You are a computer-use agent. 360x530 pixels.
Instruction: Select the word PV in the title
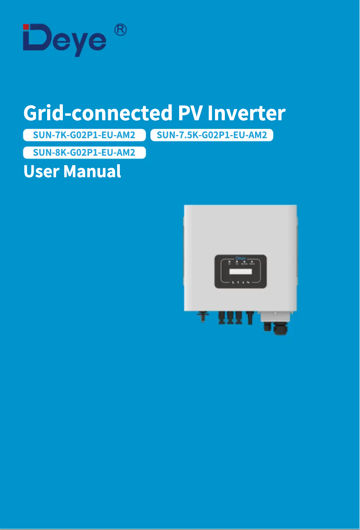point(189,113)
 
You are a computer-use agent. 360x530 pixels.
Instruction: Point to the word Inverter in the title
point(246,113)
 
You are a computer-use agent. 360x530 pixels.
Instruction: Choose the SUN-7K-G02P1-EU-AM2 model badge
point(84,135)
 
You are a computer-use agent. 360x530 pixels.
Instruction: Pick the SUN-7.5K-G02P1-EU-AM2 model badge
point(212,135)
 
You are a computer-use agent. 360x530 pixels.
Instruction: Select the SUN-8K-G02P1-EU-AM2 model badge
point(84,153)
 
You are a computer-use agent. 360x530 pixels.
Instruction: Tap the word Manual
point(92,171)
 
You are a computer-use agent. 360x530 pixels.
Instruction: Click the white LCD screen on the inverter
point(240,272)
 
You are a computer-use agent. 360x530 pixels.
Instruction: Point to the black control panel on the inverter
point(241,272)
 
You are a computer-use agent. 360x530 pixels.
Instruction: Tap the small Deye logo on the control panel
point(241,258)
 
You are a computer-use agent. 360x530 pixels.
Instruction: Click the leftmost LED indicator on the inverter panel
point(229,261)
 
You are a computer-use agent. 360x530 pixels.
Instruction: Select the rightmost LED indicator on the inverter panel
point(252,261)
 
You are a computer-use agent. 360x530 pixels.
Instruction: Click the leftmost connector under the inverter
point(203,316)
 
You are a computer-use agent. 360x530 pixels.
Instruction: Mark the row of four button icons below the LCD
point(241,283)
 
